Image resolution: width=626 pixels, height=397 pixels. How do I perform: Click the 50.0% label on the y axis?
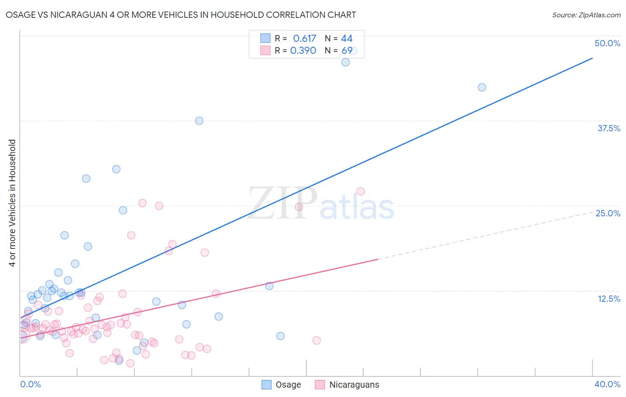pyautogui.click(x=607, y=43)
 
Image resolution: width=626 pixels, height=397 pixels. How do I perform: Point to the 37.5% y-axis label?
pyautogui.click(x=609, y=128)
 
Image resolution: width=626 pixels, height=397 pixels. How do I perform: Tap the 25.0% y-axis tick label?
pyautogui.click(x=608, y=213)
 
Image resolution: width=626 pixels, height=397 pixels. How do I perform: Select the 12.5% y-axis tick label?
pyautogui.click(x=609, y=299)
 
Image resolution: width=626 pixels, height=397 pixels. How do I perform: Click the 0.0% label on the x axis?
pyautogui.click(x=30, y=384)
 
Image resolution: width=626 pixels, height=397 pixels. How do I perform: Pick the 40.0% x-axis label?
pyautogui.click(x=607, y=384)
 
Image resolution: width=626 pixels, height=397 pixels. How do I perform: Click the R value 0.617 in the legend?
pyautogui.click(x=305, y=39)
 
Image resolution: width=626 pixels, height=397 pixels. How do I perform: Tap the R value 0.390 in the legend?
pyautogui.click(x=303, y=50)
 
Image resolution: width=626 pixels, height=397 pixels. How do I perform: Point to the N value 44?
pyautogui.click(x=346, y=39)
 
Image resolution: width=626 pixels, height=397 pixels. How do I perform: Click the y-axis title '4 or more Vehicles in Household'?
pyautogui.click(x=12, y=203)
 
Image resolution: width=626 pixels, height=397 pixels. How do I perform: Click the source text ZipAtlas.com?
pyautogui.click(x=586, y=15)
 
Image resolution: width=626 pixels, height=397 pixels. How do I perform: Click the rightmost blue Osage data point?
pyautogui.click(x=482, y=87)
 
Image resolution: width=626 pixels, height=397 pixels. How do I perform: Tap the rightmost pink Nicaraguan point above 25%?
pyautogui.click(x=361, y=191)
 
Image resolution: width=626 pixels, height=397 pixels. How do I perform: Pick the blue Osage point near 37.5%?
pyautogui.click(x=199, y=121)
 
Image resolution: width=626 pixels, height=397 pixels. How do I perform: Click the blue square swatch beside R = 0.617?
pyautogui.click(x=265, y=38)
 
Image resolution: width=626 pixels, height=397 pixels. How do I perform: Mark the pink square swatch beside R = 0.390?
pyautogui.click(x=265, y=50)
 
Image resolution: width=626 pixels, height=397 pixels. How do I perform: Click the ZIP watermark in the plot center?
pyautogui.click(x=282, y=203)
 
